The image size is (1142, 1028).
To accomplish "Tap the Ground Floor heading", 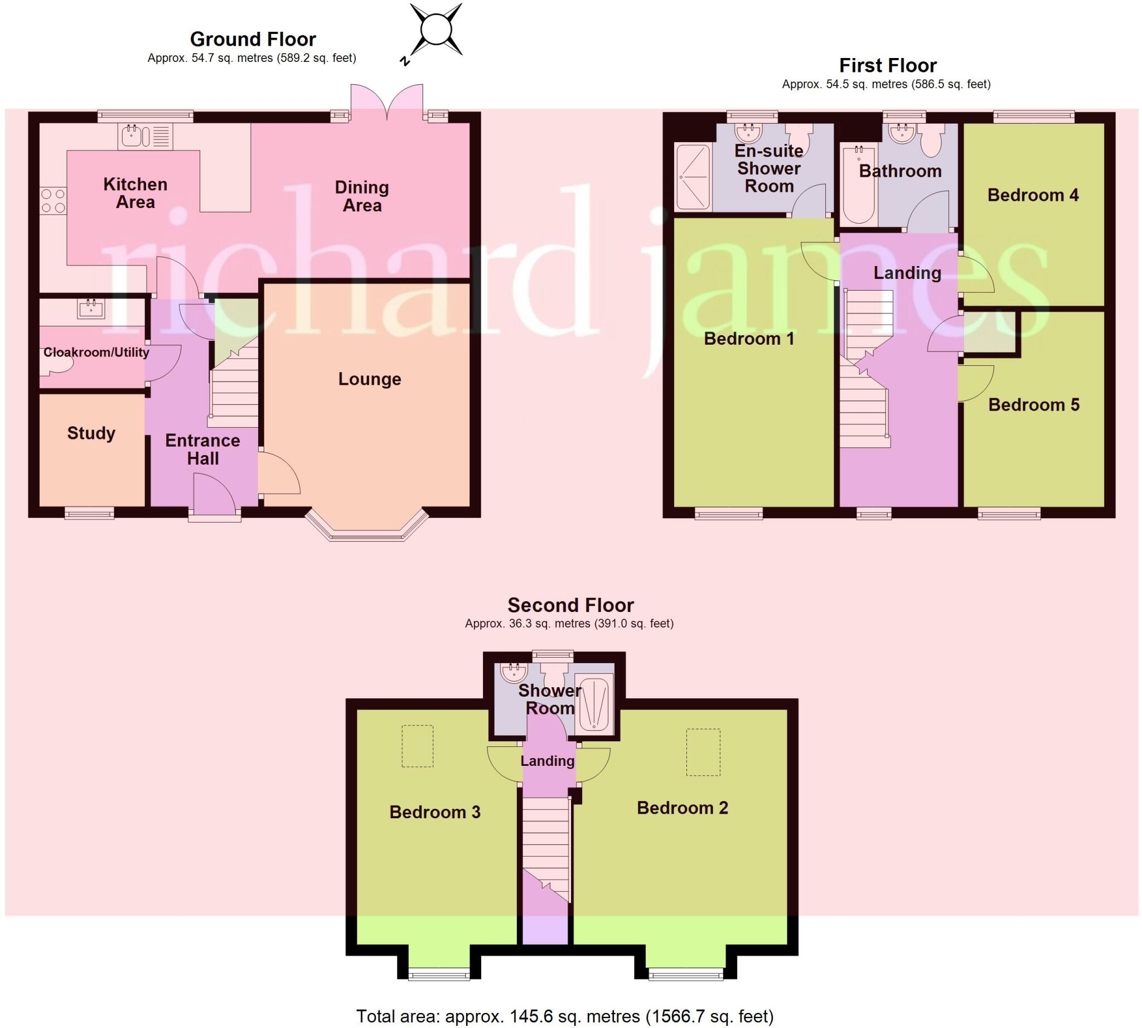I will click(253, 40).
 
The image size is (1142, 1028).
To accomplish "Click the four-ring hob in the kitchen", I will click(53, 201).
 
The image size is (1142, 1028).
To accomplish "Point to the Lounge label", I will click(369, 379).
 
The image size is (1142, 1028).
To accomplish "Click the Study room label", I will click(91, 433).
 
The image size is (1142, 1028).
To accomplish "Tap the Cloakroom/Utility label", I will click(96, 353).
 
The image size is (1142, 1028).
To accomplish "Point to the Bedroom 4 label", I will click(1033, 195).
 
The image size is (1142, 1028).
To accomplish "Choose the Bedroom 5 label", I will click(1034, 405).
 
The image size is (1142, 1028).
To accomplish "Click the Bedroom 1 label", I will click(749, 339).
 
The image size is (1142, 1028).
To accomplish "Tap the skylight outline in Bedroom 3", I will click(418, 746).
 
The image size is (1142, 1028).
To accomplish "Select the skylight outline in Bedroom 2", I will click(703, 752).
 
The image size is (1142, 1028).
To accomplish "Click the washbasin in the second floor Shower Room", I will click(514, 672).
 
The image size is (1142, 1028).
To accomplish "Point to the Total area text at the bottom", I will click(565, 1017).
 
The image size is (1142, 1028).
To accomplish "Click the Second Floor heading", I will click(570, 606).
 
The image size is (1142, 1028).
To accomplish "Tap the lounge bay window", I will click(366, 528).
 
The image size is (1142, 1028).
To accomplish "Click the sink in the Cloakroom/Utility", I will click(91, 309).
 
